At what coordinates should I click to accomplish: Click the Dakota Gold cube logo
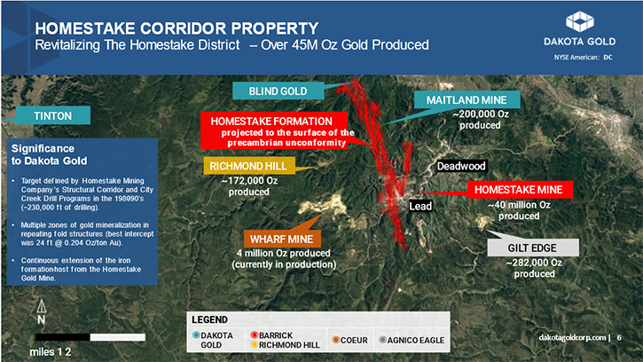(579, 21)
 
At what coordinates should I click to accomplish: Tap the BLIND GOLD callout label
(278, 90)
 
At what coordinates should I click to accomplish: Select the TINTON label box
(53, 115)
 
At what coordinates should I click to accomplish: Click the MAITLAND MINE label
(467, 99)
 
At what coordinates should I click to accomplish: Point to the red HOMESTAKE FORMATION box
(274, 131)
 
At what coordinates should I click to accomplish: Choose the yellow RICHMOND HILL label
(249, 166)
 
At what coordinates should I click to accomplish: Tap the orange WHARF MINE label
(282, 239)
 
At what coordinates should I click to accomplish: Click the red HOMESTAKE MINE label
(520, 190)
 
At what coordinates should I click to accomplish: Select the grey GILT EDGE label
(533, 248)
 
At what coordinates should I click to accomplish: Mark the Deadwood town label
(461, 166)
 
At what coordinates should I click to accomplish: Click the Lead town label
(420, 206)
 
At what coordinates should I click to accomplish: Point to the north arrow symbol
(42, 306)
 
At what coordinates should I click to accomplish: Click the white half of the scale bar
(118, 337)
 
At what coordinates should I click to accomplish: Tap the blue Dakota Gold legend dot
(196, 334)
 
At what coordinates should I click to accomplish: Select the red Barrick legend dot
(255, 334)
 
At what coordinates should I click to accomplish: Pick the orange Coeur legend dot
(336, 340)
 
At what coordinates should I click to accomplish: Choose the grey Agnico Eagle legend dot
(382, 340)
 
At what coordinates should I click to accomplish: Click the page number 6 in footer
(619, 337)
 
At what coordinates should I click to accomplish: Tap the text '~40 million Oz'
(519, 205)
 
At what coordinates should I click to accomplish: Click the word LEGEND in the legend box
(209, 319)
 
